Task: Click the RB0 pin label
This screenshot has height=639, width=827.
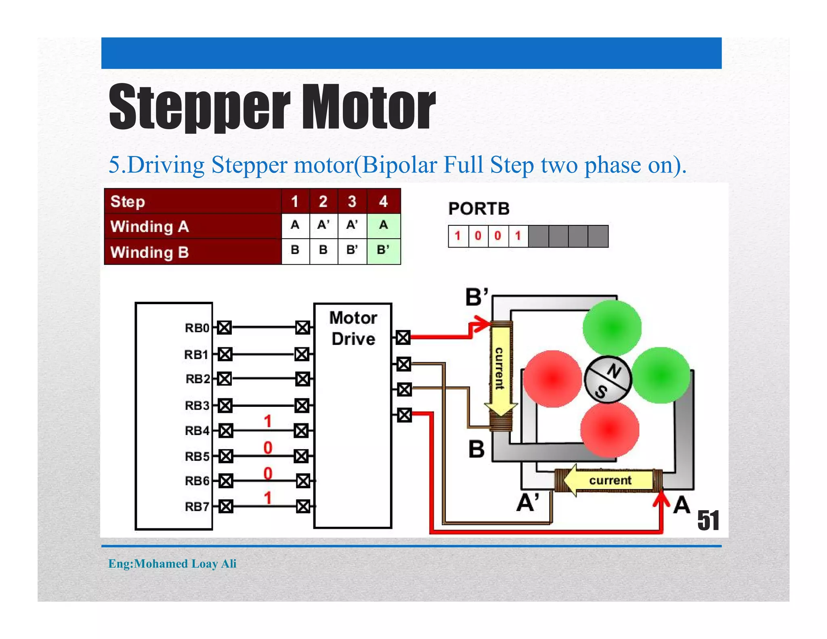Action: click(x=197, y=328)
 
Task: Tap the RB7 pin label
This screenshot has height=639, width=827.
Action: click(x=197, y=507)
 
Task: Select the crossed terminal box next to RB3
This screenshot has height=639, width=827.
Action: click(x=225, y=405)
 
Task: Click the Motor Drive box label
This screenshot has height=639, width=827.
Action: click(x=353, y=328)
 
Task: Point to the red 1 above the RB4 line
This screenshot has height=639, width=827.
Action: click(x=267, y=421)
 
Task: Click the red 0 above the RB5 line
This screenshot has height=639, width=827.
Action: click(x=267, y=448)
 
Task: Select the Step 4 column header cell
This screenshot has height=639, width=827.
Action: click(x=383, y=201)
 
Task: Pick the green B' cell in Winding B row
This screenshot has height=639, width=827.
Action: click(x=383, y=250)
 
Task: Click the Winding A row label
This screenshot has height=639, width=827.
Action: click(x=150, y=227)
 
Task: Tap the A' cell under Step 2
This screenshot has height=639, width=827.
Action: click(x=323, y=225)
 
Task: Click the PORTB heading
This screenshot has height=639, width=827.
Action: click(x=479, y=209)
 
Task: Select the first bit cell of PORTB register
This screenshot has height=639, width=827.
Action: click(x=458, y=236)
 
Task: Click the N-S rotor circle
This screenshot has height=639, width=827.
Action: click(x=607, y=380)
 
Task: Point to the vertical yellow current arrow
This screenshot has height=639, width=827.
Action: click(x=500, y=370)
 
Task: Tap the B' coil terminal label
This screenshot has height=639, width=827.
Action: click(x=477, y=297)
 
